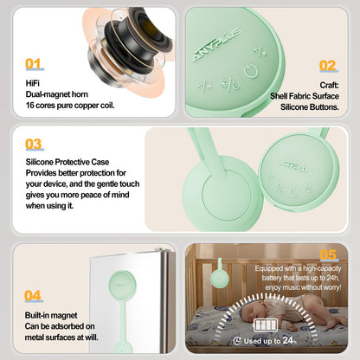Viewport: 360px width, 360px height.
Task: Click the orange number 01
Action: click(x=34, y=64)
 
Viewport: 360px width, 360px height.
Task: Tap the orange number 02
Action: click(x=328, y=66)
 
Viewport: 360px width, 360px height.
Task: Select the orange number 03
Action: click(x=34, y=144)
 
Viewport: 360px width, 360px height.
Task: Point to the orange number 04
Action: click(x=33, y=296)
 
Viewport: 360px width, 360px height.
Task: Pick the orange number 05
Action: click(x=328, y=254)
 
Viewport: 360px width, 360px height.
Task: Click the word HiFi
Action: click(x=32, y=83)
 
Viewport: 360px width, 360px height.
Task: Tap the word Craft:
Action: click(x=329, y=85)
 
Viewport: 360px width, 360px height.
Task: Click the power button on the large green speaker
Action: click(x=251, y=72)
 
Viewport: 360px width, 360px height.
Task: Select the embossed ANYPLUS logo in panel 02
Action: click(x=216, y=44)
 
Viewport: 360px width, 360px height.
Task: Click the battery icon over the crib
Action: click(x=266, y=325)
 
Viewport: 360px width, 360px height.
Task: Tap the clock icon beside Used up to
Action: click(x=237, y=341)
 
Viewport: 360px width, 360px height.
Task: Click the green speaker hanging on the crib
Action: click(x=220, y=273)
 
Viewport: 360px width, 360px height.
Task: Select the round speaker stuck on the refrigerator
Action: click(x=121, y=284)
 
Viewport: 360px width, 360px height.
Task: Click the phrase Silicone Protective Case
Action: click(x=67, y=162)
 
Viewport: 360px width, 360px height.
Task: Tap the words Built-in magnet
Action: click(x=51, y=315)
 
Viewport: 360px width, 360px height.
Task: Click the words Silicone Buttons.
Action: click(x=310, y=107)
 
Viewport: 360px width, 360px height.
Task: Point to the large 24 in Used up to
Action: click(x=288, y=340)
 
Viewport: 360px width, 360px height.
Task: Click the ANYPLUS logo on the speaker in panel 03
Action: click(x=294, y=167)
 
